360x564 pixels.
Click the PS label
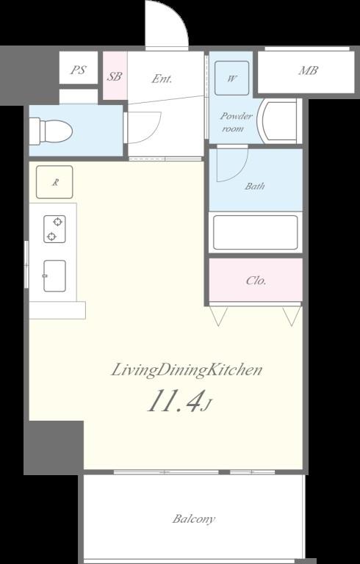[78, 70]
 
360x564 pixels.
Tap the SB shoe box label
[115, 76]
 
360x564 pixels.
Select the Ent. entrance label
[162, 79]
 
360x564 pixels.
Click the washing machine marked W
[232, 78]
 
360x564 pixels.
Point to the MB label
[308, 70]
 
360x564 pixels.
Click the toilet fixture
[51, 131]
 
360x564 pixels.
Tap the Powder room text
[236, 123]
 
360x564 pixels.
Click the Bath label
[255, 186]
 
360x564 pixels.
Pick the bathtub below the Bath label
[255, 232]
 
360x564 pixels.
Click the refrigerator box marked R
[54, 182]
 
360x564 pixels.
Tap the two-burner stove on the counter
[54, 229]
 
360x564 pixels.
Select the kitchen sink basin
[54, 276]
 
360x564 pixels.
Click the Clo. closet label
[256, 281]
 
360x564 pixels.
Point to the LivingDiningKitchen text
[186, 370]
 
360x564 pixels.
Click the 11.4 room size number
[174, 400]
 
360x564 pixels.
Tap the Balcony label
[194, 519]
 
